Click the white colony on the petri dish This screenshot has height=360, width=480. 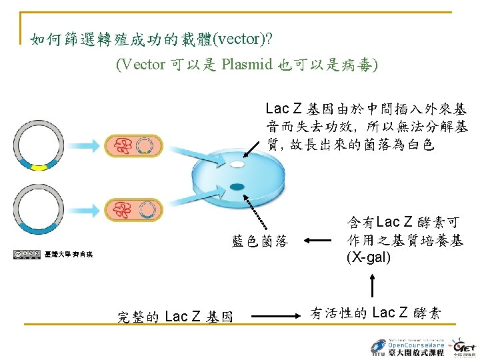238,163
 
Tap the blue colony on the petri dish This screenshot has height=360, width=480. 237,186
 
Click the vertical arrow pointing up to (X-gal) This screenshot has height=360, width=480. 373,287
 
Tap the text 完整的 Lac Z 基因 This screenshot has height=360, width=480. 175,317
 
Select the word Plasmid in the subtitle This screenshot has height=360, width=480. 247,65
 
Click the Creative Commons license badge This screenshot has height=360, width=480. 27,254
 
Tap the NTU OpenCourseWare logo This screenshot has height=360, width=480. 407,346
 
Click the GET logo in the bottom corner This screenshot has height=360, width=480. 463,346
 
